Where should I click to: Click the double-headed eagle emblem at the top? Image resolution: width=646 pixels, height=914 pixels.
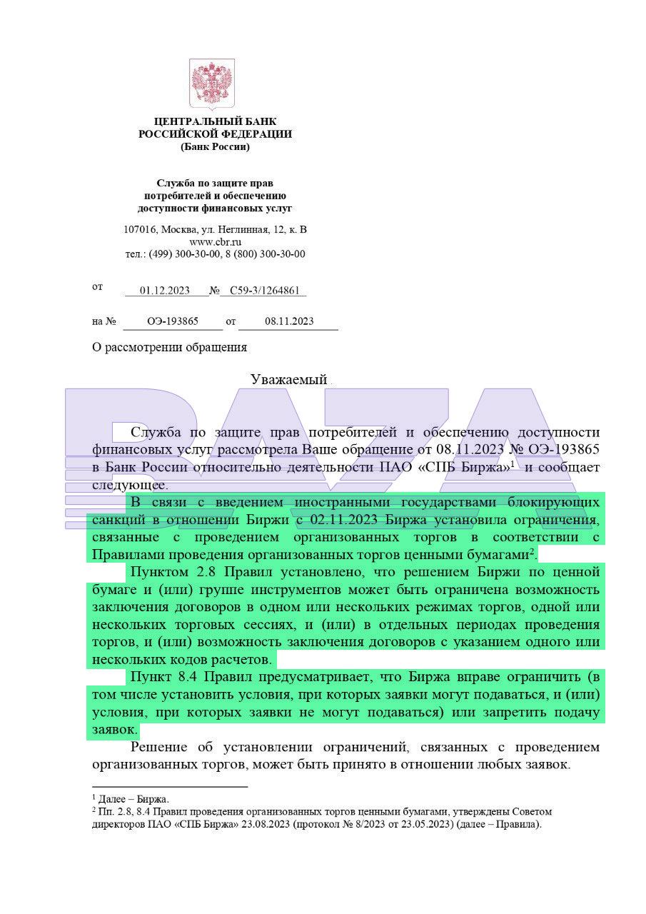(212, 83)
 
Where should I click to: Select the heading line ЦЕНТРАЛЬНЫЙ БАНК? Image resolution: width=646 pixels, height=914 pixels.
(215, 122)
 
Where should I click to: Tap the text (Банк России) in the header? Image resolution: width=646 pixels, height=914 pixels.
(215, 147)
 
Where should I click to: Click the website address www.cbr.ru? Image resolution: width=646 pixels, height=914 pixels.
(215, 241)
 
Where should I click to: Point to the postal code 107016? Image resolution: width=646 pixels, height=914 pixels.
(140, 229)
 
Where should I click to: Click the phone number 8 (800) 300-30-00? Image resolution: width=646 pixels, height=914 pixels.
(266, 253)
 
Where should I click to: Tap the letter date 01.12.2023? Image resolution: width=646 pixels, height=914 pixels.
(165, 291)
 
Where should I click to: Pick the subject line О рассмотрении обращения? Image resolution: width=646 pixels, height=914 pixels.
(169, 348)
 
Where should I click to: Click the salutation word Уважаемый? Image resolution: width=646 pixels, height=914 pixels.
(288, 380)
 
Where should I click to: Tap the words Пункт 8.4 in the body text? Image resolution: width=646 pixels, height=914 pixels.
(164, 676)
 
